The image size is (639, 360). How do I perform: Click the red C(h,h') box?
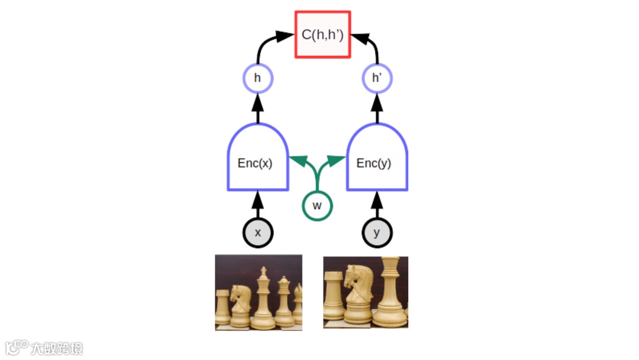(322, 34)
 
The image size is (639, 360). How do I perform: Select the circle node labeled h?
(258, 78)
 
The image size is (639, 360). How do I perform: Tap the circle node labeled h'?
(377, 78)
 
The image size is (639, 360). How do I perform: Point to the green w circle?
(317, 205)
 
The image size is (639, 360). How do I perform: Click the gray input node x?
(257, 233)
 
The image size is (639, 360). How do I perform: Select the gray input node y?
(377, 233)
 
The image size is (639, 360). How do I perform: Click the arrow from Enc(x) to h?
(257, 109)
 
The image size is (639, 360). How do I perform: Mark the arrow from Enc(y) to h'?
(377, 109)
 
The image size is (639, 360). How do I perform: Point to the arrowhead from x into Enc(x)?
(257, 200)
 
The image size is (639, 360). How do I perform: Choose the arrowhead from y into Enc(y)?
(377, 200)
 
